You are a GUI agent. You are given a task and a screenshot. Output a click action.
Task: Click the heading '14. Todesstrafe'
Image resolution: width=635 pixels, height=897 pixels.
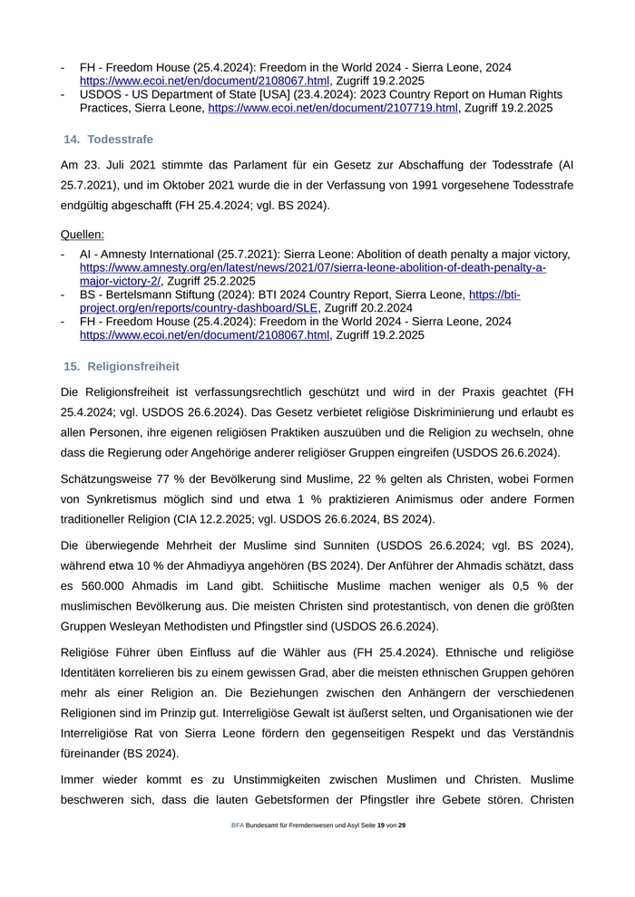coord(108,140)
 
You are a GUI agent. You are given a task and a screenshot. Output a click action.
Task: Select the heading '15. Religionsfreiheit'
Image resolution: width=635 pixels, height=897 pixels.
coord(121,366)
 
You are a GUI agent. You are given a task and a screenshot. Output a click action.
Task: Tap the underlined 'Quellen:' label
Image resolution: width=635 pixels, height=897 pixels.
coord(83,234)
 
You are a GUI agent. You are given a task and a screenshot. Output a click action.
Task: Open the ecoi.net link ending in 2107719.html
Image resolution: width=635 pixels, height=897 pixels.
coord(333,108)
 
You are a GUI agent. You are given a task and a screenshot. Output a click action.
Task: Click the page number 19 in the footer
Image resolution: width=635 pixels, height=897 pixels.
coord(381,825)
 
